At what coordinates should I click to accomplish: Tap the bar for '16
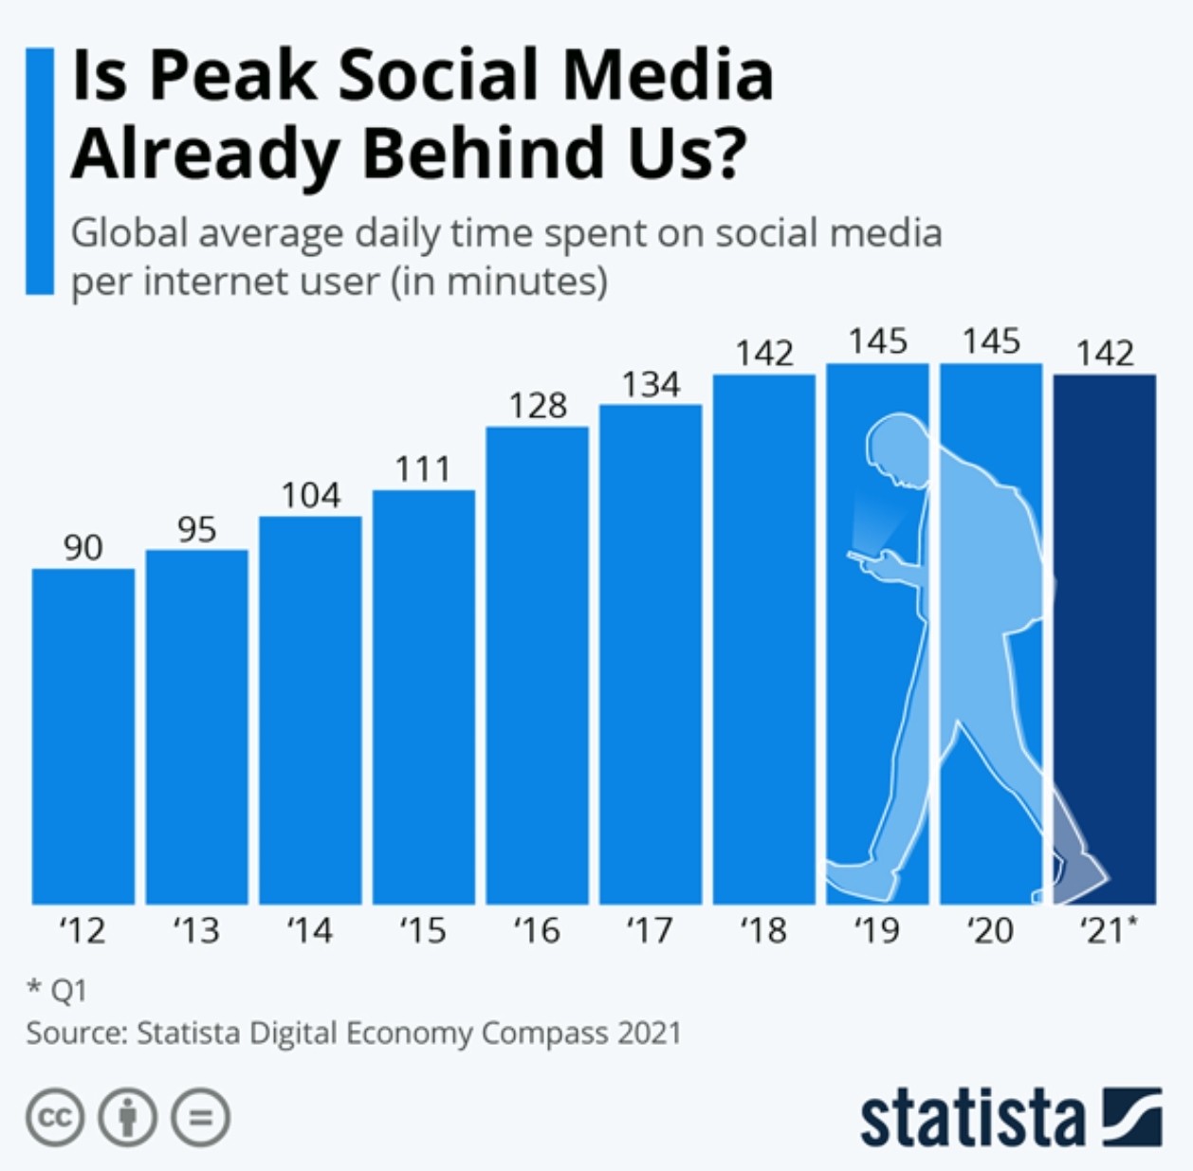pyautogui.click(x=538, y=665)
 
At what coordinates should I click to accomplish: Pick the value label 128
pyautogui.click(x=538, y=406)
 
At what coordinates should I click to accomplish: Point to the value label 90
pyautogui.click(x=83, y=547)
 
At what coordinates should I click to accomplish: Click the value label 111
pyautogui.click(x=423, y=468)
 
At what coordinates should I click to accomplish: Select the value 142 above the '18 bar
pyautogui.click(x=764, y=354)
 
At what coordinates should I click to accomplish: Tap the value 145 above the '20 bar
pyautogui.click(x=991, y=341)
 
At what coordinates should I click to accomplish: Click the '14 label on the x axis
pyautogui.click(x=310, y=931)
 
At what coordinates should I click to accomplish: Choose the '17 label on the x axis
pyautogui.click(x=651, y=931)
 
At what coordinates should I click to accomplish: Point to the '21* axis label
pyautogui.click(x=1108, y=931)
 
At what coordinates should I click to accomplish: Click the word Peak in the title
pyautogui.click(x=233, y=76)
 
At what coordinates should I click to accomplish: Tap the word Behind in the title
pyautogui.click(x=484, y=153)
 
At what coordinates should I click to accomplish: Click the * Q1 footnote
pyautogui.click(x=57, y=991)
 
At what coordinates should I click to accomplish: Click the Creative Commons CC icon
pyautogui.click(x=55, y=1118)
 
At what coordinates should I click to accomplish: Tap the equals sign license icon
pyautogui.click(x=200, y=1118)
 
